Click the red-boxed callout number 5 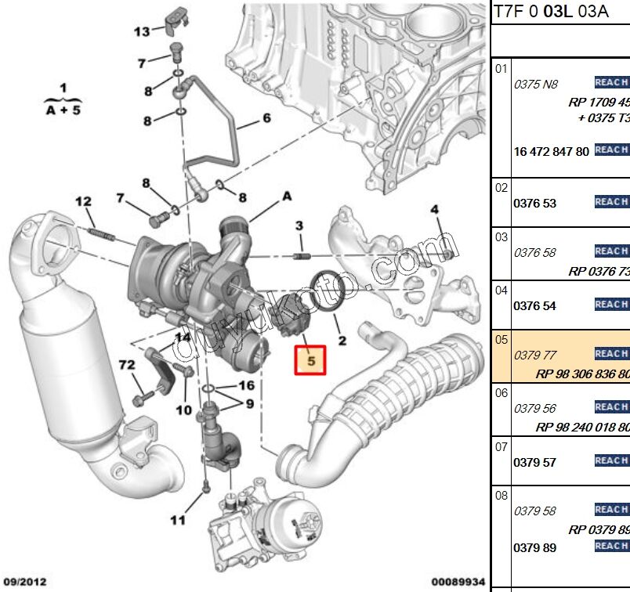click(311, 360)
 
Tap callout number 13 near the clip click(141, 32)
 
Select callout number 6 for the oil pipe click(266, 118)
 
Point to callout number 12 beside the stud click(83, 202)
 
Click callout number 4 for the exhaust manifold click(434, 209)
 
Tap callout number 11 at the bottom click(178, 520)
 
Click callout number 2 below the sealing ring click(342, 341)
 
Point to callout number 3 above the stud click(299, 226)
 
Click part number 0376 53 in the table click(534, 204)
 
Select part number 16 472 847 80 click(551, 152)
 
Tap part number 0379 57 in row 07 click(534, 462)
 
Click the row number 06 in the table click(501, 392)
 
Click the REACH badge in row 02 click(611, 202)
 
